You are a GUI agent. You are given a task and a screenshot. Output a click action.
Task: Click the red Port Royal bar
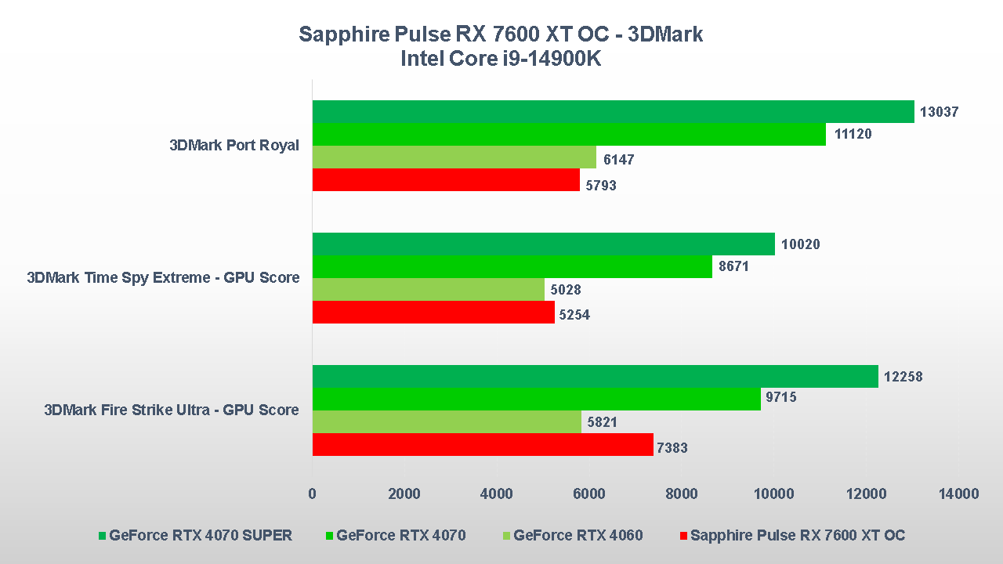[x=446, y=180]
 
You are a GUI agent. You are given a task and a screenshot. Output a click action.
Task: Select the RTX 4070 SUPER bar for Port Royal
[x=613, y=112]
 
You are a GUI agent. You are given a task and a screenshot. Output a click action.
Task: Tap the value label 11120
[x=853, y=135]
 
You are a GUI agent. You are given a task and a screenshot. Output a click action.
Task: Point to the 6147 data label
[x=618, y=160]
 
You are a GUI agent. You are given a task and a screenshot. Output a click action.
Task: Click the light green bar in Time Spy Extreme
[x=428, y=290]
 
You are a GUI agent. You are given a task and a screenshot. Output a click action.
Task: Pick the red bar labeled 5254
[x=433, y=313]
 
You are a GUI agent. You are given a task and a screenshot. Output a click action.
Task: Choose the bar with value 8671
[x=512, y=267]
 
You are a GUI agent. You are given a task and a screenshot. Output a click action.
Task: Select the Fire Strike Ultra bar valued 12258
[x=595, y=377]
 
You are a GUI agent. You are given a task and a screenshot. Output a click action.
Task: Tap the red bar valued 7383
[x=483, y=445]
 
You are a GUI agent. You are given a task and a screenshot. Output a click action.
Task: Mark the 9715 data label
[x=780, y=398]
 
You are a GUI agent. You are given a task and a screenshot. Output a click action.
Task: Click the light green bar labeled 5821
[x=447, y=422]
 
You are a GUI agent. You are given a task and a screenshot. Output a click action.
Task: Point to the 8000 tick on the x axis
[x=681, y=493]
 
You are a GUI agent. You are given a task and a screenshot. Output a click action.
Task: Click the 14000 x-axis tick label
[x=958, y=493]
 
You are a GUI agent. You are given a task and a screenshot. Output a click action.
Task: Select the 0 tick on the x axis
[x=313, y=493]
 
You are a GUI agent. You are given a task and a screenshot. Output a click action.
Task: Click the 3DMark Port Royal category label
[x=234, y=146]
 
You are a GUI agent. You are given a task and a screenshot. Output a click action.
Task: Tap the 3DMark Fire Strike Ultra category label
[x=172, y=410]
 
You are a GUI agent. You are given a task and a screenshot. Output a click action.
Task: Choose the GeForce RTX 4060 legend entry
[x=578, y=536]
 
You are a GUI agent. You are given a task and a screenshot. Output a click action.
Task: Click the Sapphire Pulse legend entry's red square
[x=683, y=536]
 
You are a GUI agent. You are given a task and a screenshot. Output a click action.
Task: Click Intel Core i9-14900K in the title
[x=501, y=59]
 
